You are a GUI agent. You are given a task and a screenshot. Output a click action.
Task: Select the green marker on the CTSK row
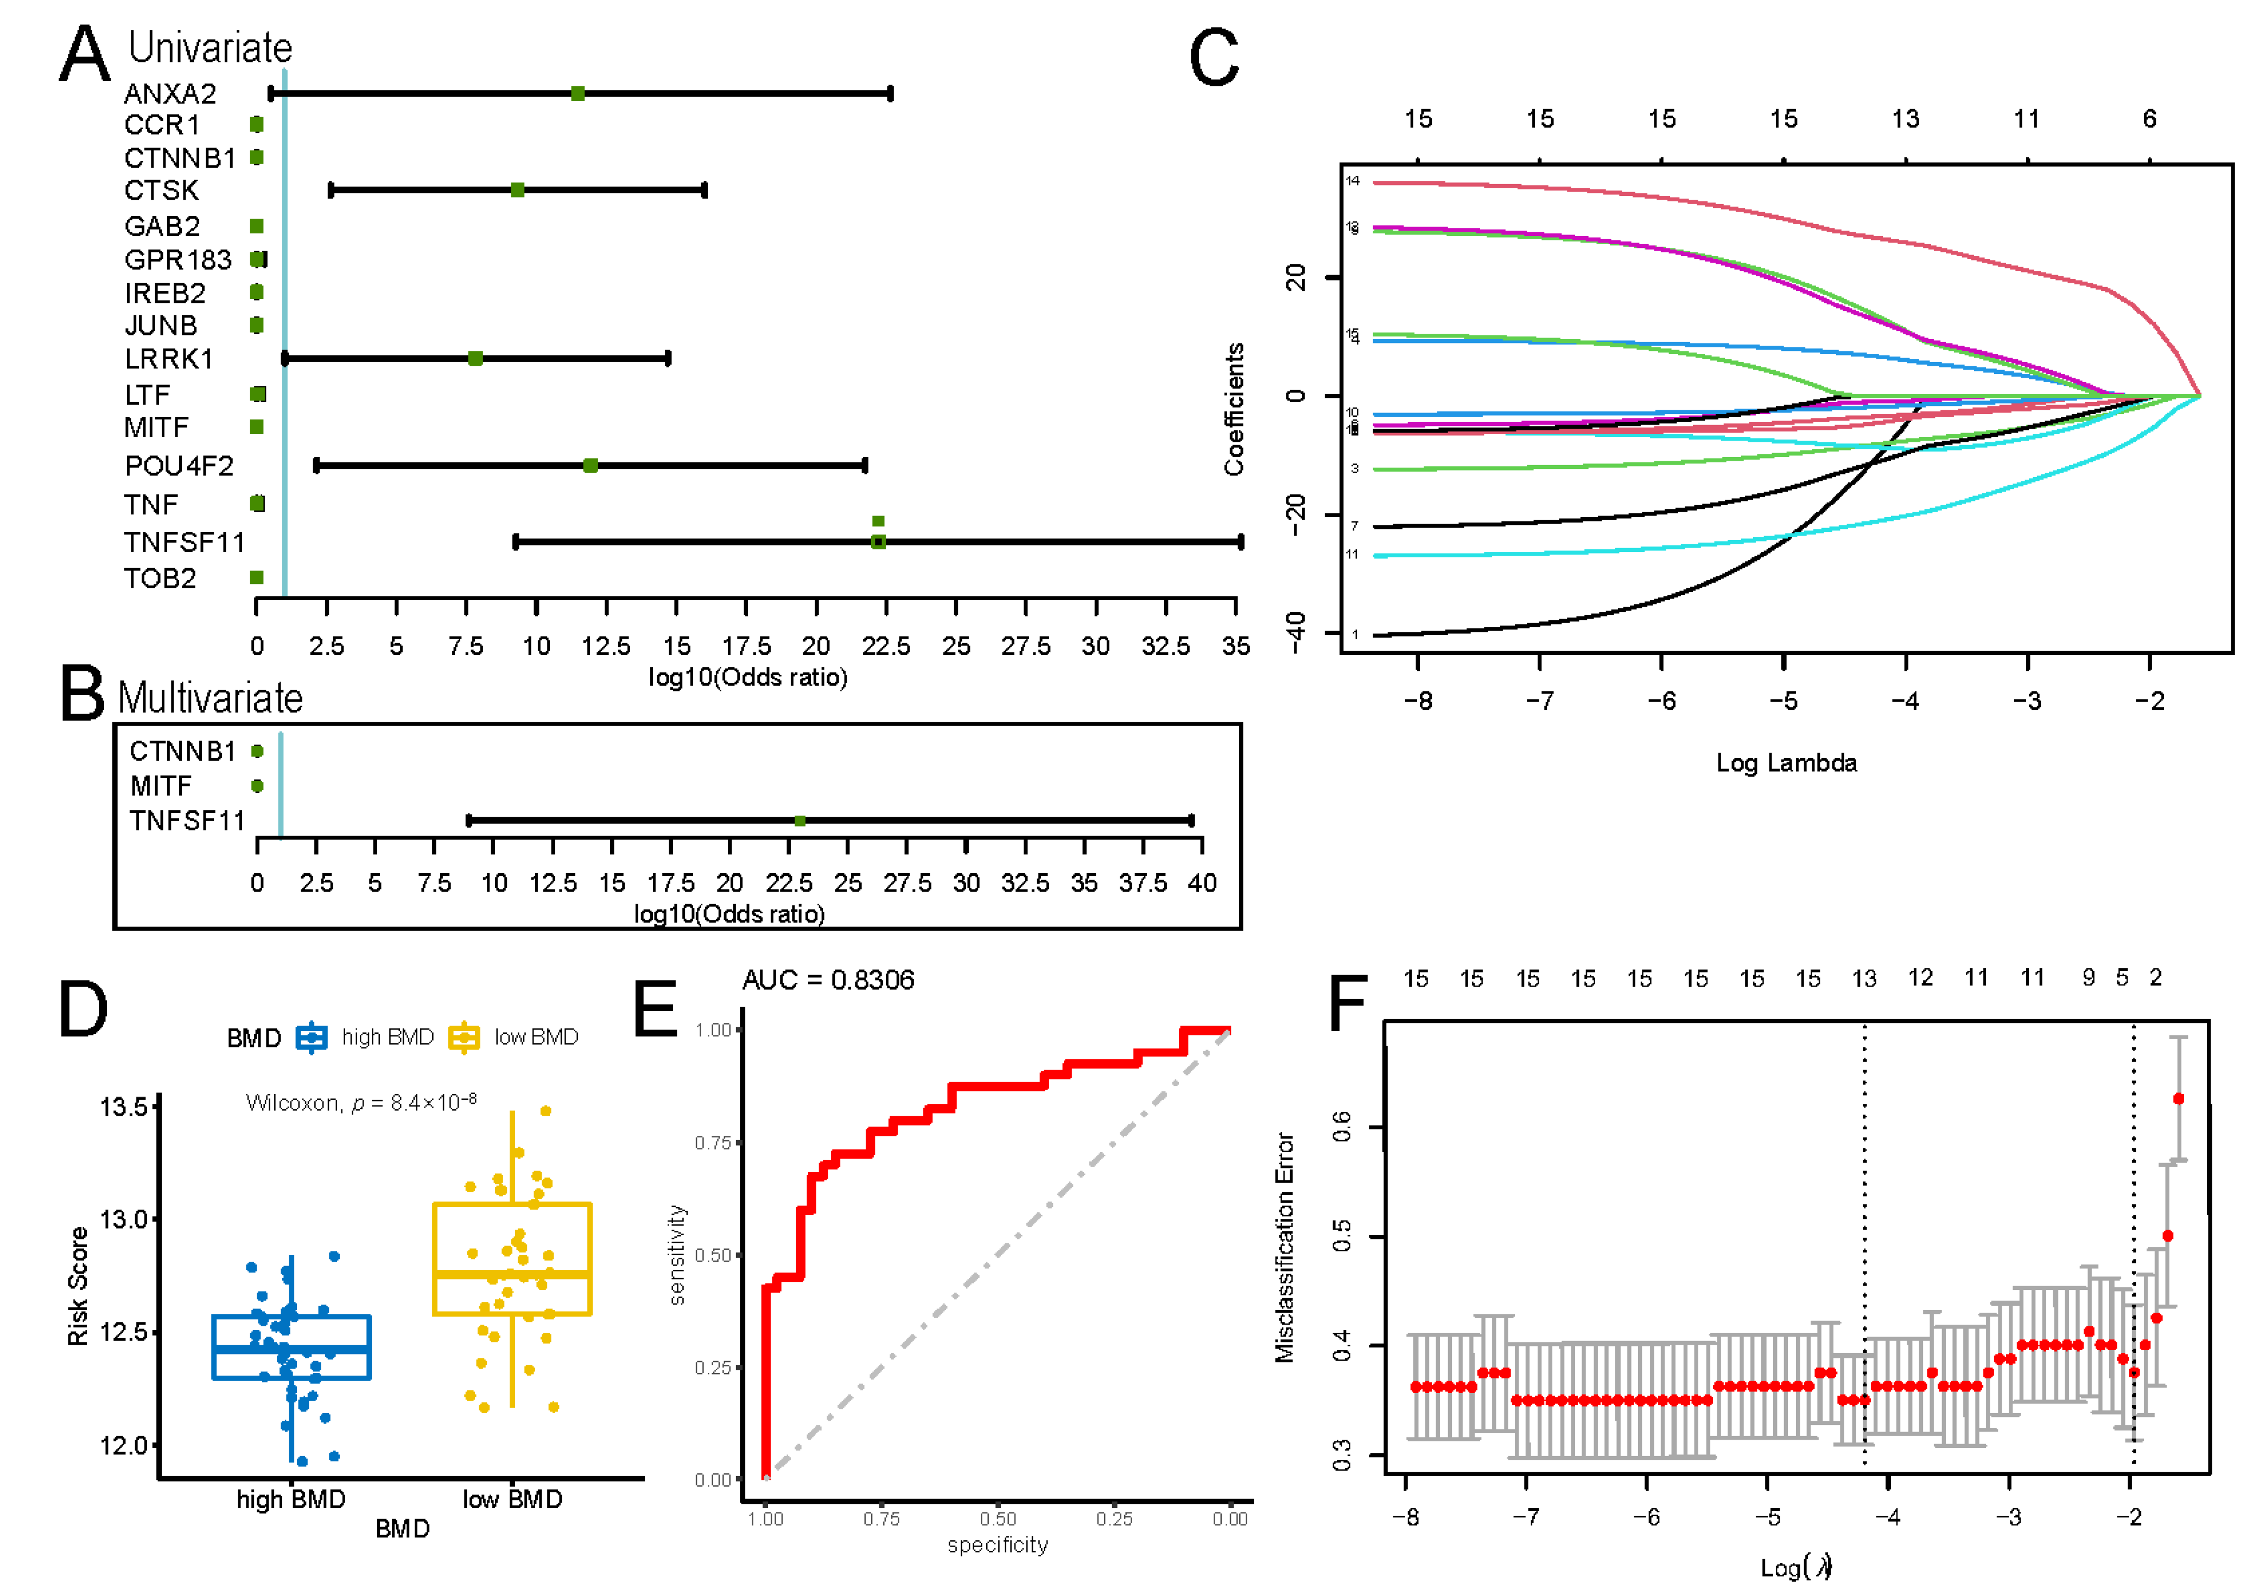point(517,190)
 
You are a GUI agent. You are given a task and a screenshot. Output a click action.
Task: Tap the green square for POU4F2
point(590,465)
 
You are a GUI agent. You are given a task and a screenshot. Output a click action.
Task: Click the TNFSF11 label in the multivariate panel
point(187,821)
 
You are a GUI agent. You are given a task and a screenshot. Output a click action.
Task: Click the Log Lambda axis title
point(1786,764)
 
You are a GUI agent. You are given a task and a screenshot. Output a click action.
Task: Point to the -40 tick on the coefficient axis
point(1297,632)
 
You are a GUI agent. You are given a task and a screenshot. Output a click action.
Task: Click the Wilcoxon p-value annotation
point(361,1103)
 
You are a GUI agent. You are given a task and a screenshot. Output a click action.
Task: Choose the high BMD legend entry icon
point(312,1037)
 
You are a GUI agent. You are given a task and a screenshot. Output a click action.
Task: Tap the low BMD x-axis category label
point(512,1499)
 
